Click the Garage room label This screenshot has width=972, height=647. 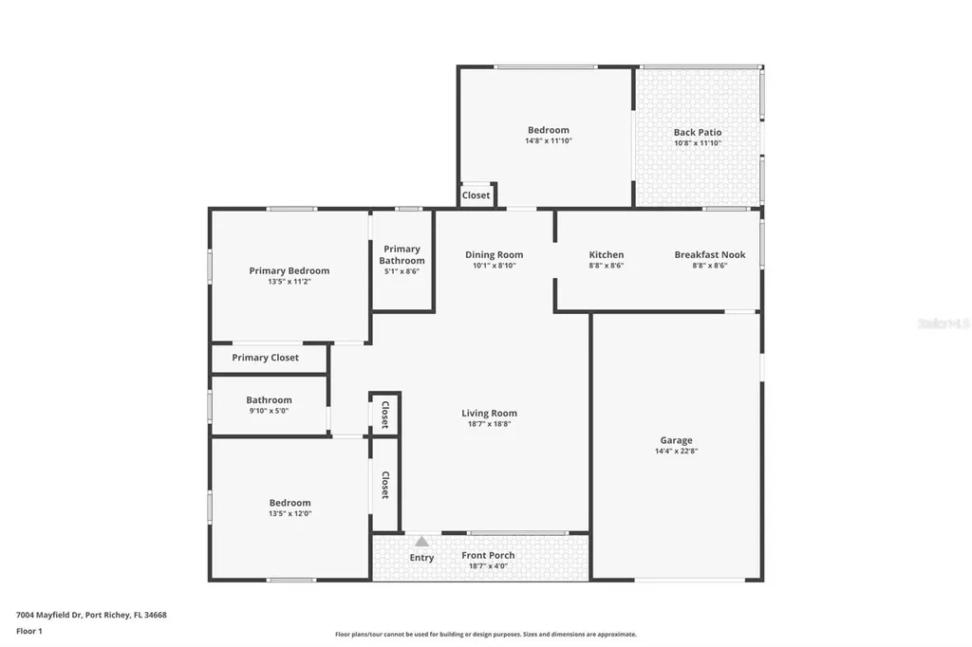(x=676, y=440)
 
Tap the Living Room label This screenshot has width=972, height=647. (x=489, y=413)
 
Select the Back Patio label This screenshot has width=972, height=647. (x=698, y=133)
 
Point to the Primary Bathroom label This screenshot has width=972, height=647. (x=402, y=255)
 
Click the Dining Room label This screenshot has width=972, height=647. (x=494, y=254)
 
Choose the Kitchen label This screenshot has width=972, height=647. (x=607, y=254)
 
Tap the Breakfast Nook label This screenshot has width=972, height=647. (x=710, y=254)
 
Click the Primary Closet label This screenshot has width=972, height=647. (x=265, y=358)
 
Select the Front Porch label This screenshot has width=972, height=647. (x=488, y=555)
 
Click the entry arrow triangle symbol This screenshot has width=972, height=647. (x=421, y=541)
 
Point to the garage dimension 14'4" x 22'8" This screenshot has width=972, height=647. (x=676, y=452)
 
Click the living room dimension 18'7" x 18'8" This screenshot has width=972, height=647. (x=489, y=424)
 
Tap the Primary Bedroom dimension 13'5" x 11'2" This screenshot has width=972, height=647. (x=290, y=282)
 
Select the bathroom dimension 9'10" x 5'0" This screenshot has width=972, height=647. (x=269, y=411)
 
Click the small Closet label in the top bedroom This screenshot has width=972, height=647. (x=476, y=195)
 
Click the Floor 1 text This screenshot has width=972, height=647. (x=28, y=631)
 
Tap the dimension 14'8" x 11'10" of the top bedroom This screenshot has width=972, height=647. (x=549, y=141)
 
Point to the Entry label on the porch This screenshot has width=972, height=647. (x=421, y=558)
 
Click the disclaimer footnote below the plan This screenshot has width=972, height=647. (x=485, y=635)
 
